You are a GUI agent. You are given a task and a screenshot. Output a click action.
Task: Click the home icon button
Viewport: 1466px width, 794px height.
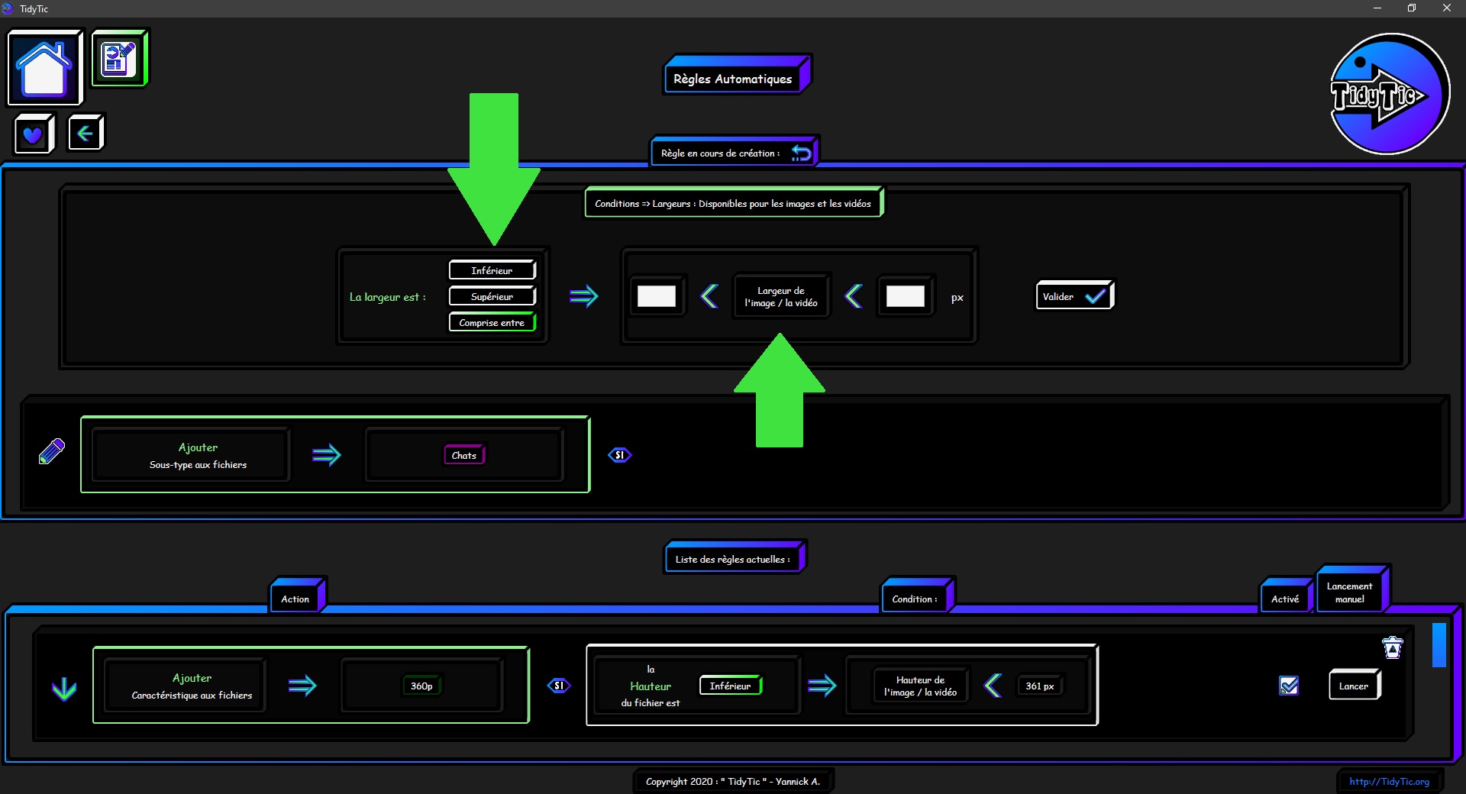[44, 68]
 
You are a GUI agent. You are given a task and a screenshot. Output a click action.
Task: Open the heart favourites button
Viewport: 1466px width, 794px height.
[34, 134]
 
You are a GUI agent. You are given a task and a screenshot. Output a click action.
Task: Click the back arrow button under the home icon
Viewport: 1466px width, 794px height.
[86, 134]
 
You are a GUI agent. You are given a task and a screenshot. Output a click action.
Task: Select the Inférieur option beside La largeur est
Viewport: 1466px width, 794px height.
[492, 270]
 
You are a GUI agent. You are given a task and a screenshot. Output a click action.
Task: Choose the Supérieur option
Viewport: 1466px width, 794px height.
[492, 296]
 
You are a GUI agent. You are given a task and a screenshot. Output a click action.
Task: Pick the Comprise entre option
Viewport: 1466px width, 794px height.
[492, 322]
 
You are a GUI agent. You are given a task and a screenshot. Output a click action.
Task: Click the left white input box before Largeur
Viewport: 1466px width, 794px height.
[657, 296]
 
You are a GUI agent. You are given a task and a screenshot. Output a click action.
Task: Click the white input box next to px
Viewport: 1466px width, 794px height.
[906, 296]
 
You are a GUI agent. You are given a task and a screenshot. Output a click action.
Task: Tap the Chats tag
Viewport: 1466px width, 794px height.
[464, 455]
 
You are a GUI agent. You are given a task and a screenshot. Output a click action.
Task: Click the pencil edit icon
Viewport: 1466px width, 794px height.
[52, 451]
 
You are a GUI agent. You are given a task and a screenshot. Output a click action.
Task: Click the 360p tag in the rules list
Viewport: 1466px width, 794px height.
[421, 686]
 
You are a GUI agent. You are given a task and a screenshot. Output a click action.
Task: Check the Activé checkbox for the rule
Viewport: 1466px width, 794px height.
[1289, 686]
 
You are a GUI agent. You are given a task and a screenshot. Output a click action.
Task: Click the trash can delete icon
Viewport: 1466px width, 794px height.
[1393, 647]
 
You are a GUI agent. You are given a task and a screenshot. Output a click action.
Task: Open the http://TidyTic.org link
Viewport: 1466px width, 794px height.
[1390, 781]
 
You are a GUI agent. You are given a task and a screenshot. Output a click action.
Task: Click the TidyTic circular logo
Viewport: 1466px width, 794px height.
[1390, 94]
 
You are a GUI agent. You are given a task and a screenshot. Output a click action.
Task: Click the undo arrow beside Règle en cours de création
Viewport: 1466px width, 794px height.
[801, 153]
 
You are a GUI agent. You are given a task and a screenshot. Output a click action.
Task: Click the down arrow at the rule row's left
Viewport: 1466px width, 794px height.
[64, 689]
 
